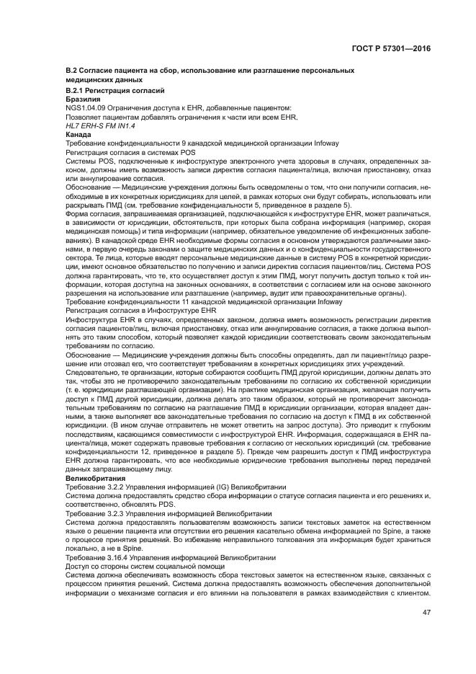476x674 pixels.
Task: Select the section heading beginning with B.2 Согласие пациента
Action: (x=210, y=70)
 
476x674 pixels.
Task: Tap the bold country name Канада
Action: (x=78, y=135)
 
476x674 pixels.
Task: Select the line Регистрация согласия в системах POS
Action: (x=130, y=153)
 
